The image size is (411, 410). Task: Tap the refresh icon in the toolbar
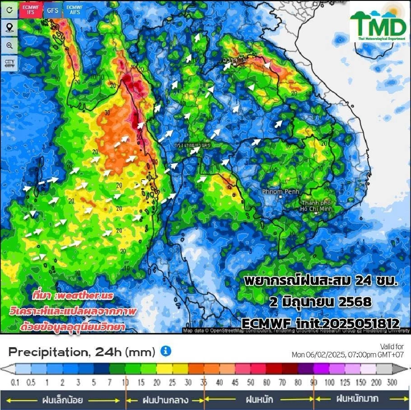(x=9, y=11)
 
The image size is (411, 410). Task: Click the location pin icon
(x=9, y=28)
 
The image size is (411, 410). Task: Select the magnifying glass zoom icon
(x=9, y=46)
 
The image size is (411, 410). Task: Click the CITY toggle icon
(x=9, y=63)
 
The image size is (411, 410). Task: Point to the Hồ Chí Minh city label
(x=316, y=205)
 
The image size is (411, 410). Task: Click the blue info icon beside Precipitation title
(x=166, y=351)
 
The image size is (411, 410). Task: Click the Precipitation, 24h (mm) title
(x=82, y=352)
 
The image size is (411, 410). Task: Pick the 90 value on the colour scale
(x=313, y=382)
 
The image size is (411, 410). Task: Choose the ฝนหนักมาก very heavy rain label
(x=357, y=400)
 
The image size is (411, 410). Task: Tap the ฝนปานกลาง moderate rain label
(x=164, y=401)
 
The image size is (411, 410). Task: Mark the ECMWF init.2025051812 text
(x=320, y=323)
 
